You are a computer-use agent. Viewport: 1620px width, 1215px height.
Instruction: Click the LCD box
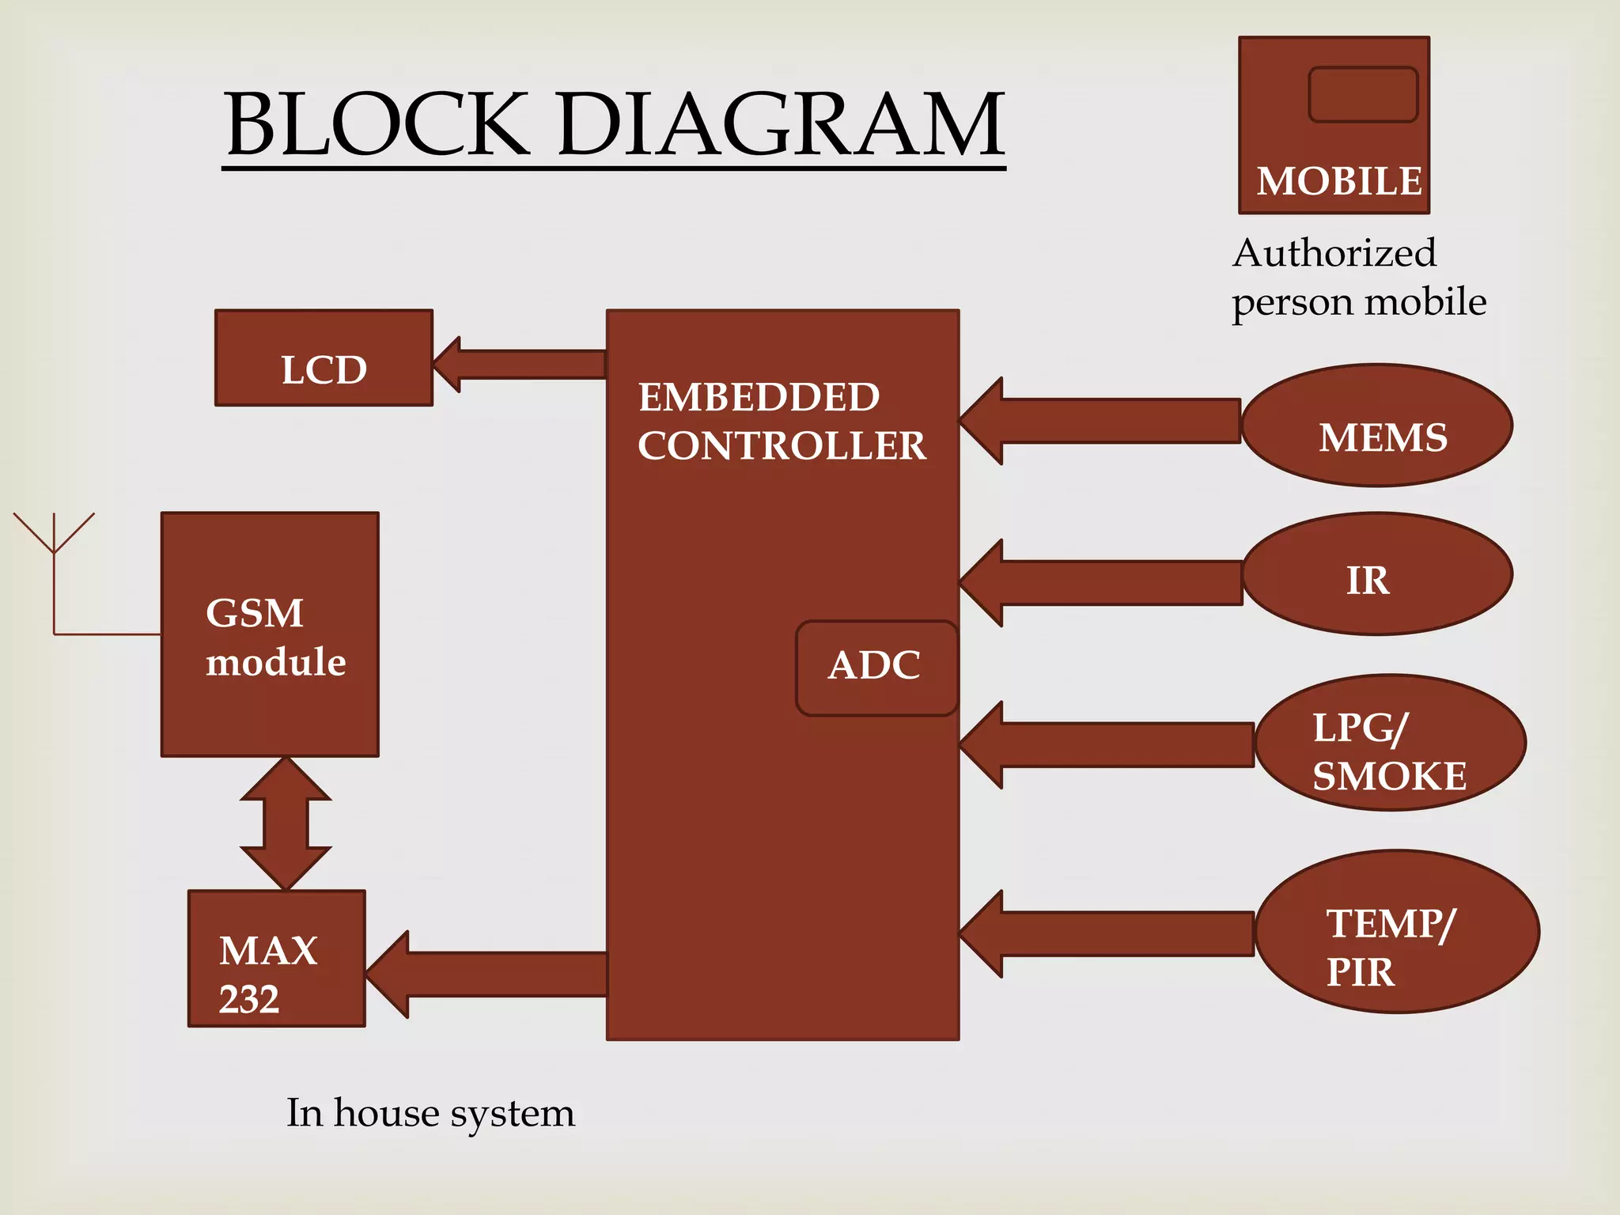click(324, 358)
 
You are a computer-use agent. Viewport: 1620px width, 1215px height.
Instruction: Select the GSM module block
click(270, 634)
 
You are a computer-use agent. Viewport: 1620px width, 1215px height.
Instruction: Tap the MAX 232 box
click(276, 959)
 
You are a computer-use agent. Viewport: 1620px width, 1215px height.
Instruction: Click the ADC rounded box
click(876, 668)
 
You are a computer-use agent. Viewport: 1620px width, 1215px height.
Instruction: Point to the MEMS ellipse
click(1377, 426)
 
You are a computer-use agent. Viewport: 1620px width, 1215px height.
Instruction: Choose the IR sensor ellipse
click(1377, 574)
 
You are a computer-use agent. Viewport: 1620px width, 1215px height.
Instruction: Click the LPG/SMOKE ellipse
click(1390, 743)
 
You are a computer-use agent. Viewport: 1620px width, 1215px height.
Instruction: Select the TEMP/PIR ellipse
click(1396, 932)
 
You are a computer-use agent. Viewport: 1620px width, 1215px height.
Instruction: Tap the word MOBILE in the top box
click(1338, 182)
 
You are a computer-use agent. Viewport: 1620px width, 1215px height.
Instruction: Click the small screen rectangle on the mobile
click(1362, 95)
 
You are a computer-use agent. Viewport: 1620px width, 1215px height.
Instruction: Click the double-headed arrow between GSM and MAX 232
click(286, 823)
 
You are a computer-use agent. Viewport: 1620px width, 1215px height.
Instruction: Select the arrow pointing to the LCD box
click(518, 365)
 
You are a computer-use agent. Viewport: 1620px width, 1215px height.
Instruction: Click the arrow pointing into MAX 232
click(486, 974)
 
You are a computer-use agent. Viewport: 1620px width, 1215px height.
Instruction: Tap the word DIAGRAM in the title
click(781, 125)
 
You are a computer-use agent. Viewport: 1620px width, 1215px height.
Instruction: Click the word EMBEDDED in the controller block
click(759, 397)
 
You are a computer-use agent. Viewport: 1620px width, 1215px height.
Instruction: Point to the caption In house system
click(430, 1114)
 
